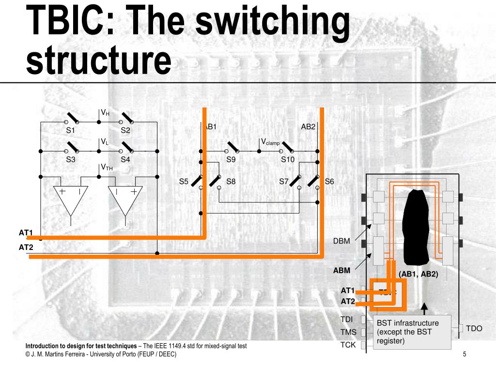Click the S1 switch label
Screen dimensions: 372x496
pyautogui.click(x=71, y=130)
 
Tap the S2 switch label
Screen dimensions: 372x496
pyautogui.click(x=125, y=130)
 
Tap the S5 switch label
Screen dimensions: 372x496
pyautogui.click(x=184, y=182)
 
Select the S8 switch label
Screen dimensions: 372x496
pyautogui.click(x=231, y=182)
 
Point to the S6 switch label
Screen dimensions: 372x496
pyautogui.click(x=329, y=182)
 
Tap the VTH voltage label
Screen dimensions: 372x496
pyautogui.click(x=107, y=168)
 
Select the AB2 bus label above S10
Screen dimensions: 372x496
pyautogui.click(x=308, y=127)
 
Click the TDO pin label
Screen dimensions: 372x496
pyautogui.click(x=474, y=328)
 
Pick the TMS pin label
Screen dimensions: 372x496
pyautogui.click(x=348, y=332)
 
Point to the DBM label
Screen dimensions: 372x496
pyautogui.click(x=341, y=241)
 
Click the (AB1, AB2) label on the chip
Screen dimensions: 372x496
pyautogui.click(x=418, y=274)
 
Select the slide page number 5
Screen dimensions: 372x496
pyautogui.click(x=464, y=355)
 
